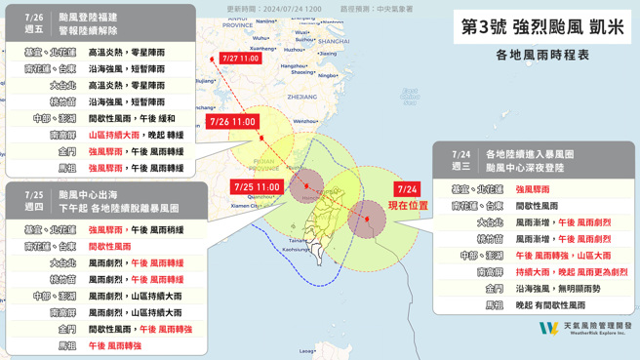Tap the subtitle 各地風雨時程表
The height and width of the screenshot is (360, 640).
coord(542,56)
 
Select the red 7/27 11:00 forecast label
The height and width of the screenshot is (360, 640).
coord(240,59)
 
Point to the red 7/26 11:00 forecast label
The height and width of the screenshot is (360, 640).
coord(232,123)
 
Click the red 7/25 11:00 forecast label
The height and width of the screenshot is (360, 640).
coord(258,186)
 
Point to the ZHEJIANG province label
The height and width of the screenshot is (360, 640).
coord(303,98)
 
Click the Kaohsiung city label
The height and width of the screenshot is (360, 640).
coord(296,250)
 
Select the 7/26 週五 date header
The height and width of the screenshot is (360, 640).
coord(34,23)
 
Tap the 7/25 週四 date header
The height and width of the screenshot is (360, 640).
coord(34,201)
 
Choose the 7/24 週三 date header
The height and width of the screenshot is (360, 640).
coord(461,160)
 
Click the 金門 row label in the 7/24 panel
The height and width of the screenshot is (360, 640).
coord(494,289)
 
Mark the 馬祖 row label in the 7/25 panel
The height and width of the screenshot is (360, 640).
coord(66,346)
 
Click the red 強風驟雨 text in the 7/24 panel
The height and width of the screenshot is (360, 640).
coord(533,190)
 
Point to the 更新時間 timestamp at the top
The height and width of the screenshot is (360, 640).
coord(274,9)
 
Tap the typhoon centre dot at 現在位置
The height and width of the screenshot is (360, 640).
coord(366,220)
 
